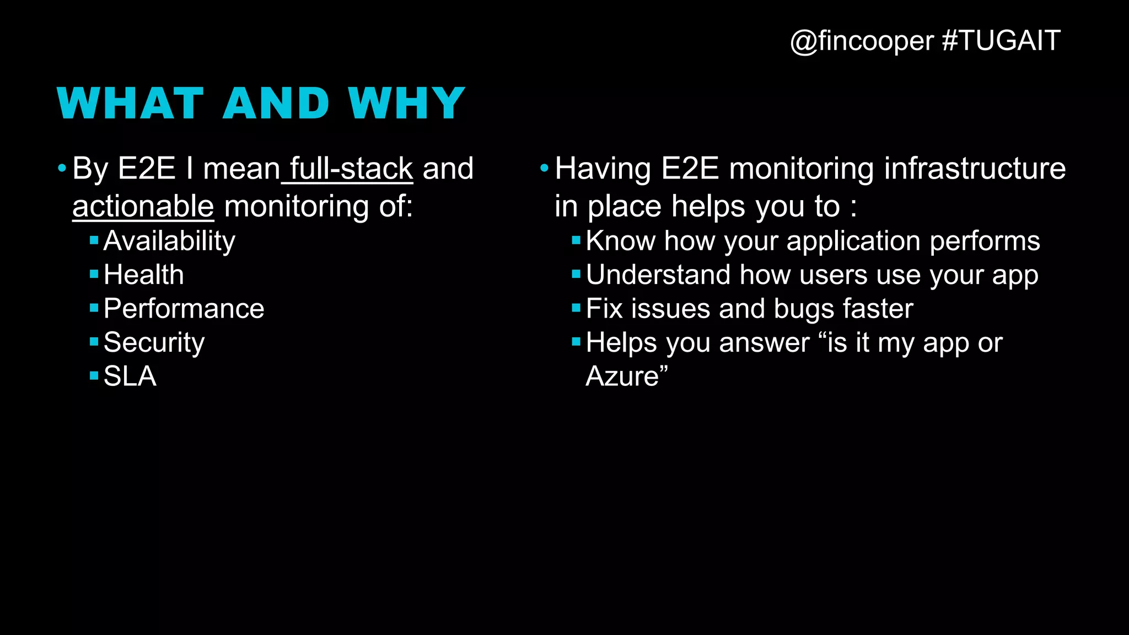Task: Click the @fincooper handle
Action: pos(862,41)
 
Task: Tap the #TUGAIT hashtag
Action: pos(1001,41)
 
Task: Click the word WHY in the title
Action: pos(406,104)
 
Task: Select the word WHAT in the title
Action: pos(130,104)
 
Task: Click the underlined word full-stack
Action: pos(351,169)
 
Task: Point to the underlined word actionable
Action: pos(143,207)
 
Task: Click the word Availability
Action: pos(169,241)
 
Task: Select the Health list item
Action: pos(143,275)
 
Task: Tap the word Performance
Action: pos(184,309)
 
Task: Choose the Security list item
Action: pos(154,343)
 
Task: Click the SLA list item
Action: pos(130,376)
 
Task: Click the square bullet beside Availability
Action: pos(94,240)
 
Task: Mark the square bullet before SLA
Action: pos(94,376)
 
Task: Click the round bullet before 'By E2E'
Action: pos(62,168)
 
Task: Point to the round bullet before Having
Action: pos(544,168)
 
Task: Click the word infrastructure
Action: pos(975,169)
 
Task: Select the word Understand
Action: pos(658,275)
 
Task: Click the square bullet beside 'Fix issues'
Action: pos(576,308)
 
